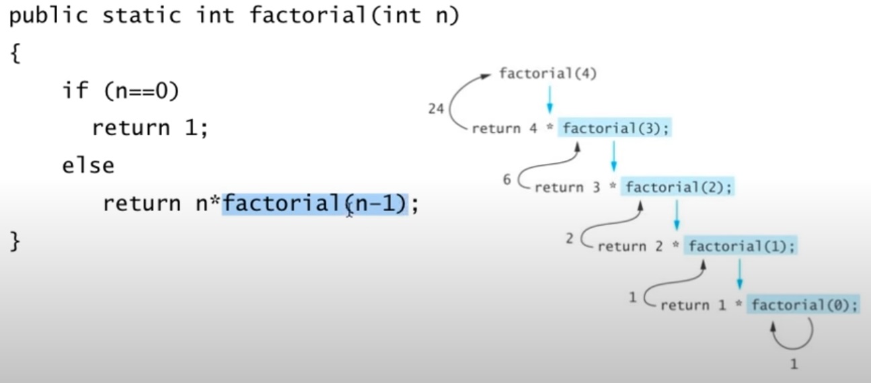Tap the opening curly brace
tap(15, 54)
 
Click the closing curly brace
tap(15, 241)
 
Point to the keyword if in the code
tap(76, 91)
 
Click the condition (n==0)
tap(141, 91)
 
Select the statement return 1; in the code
tap(150, 127)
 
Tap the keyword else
tap(88, 165)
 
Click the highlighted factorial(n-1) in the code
tap(315, 203)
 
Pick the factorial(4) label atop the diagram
tap(547, 73)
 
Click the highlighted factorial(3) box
tap(615, 128)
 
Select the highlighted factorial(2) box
tap(677, 187)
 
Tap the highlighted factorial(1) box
tap(741, 246)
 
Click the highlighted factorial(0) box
tap(804, 305)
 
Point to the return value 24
tap(436, 108)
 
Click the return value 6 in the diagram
tap(507, 180)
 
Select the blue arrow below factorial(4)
tap(550, 99)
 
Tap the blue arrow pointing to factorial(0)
tap(740, 274)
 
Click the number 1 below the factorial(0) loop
tap(794, 364)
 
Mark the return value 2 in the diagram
tap(570, 239)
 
